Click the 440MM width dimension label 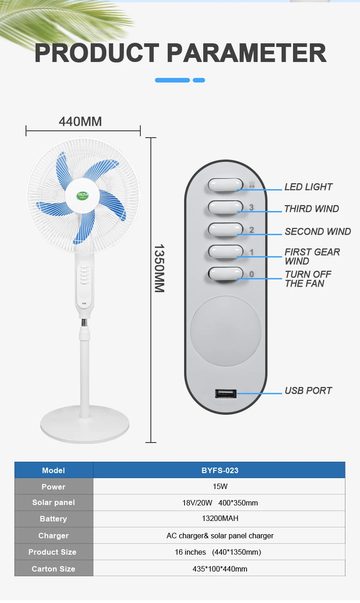click(x=80, y=121)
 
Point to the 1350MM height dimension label click(x=159, y=268)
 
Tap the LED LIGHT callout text click(x=309, y=187)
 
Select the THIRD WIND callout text click(x=312, y=209)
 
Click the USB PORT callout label click(x=309, y=390)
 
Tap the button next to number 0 click(x=226, y=274)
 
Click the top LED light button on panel click(x=226, y=185)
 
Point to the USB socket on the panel click(x=226, y=393)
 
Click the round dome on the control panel click(x=226, y=331)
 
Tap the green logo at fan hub click(x=82, y=196)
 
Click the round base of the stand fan click(x=85, y=424)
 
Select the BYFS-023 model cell click(x=220, y=470)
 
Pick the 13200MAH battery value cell click(x=220, y=519)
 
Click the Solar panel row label click(x=53, y=502)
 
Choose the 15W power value click(x=220, y=486)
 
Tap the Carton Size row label click(x=53, y=568)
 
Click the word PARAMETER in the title click(x=247, y=53)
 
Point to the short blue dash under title click(x=199, y=80)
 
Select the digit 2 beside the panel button click(x=252, y=230)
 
